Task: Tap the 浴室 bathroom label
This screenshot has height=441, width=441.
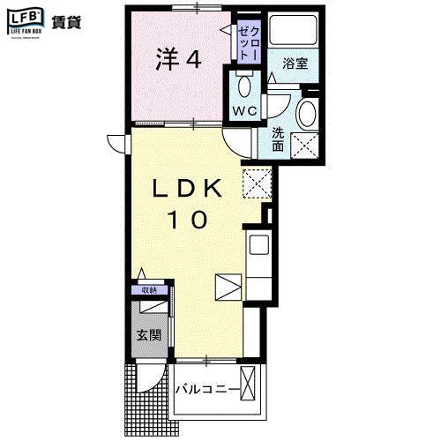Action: (295, 64)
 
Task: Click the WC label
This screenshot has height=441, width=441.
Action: (243, 110)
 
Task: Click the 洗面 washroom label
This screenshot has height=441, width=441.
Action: (278, 139)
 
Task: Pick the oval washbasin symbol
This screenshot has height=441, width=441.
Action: (307, 113)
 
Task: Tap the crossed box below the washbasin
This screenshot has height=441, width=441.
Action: (306, 145)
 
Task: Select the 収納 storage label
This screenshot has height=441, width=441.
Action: (149, 289)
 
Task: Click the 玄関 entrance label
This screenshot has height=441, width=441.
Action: (147, 334)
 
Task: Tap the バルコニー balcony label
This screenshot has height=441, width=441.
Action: (208, 387)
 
